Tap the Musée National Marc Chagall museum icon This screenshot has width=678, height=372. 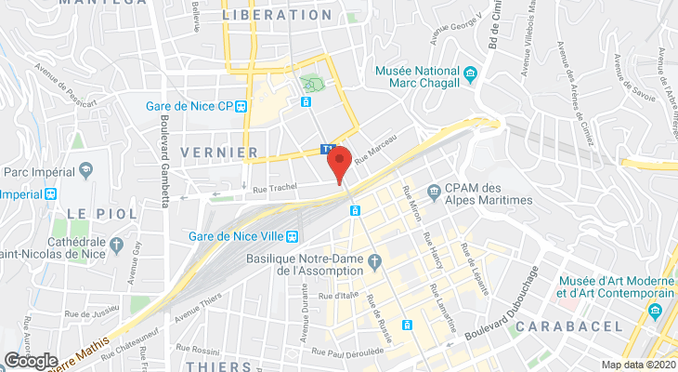pos(471,73)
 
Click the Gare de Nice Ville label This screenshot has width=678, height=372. pos(238,236)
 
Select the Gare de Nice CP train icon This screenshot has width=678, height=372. pos(241,106)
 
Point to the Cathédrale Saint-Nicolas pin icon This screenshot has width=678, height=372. pos(117,246)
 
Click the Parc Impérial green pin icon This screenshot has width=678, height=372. pos(86,171)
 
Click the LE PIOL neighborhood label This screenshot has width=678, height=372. pos(101,213)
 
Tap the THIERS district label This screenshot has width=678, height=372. pos(218,366)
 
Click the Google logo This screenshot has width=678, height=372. pos(30,360)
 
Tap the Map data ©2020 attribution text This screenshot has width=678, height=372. pos(637,365)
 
